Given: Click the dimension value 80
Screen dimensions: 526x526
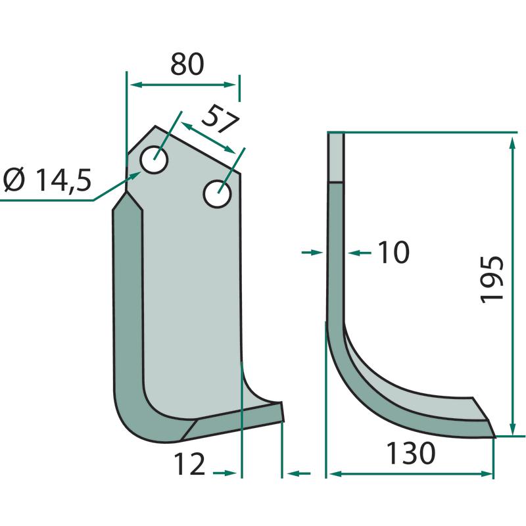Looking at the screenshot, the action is point(187,64).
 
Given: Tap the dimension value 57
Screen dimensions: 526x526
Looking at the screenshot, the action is point(221,119).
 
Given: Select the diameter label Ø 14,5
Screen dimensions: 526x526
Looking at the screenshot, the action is point(47,179).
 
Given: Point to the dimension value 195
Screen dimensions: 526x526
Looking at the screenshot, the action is point(492,280).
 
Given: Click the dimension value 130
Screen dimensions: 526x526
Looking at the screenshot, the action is point(410,453).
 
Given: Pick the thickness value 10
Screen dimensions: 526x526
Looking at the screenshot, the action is point(393,252).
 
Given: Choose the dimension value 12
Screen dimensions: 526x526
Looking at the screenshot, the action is point(189,464).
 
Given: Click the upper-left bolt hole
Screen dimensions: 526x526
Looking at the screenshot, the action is point(154,160).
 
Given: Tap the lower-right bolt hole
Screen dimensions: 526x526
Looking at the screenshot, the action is point(218,194).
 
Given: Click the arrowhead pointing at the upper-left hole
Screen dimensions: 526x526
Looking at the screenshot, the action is point(136,175).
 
